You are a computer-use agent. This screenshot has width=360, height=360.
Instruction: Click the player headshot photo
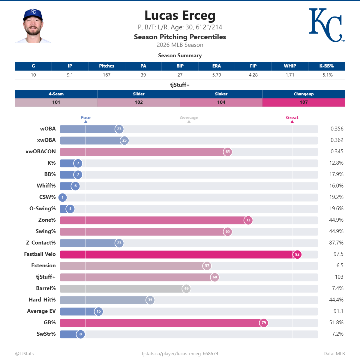click(33, 26)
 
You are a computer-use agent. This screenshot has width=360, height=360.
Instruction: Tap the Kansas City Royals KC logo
click(326, 25)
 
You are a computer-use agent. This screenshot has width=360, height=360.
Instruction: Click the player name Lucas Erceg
click(180, 16)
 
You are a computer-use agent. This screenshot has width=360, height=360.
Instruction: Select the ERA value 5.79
click(217, 75)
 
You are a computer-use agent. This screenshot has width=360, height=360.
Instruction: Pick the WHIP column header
click(290, 66)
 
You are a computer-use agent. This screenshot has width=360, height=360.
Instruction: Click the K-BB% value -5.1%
click(326, 75)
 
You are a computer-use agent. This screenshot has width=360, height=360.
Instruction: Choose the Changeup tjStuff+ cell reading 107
click(304, 102)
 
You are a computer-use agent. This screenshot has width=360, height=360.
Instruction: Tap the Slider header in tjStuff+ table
click(139, 94)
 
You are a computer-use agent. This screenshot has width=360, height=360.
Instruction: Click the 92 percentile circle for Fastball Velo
click(297, 254)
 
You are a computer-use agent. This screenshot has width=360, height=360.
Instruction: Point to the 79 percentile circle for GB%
click(264, 323)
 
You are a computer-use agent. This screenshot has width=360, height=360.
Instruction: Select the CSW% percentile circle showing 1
click(63, 197)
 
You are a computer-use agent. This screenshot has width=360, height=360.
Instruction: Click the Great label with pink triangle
click(292, 118)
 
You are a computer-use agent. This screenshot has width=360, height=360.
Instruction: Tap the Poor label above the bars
click(86, 118)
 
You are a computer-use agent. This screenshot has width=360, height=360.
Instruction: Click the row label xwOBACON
click(40, 151)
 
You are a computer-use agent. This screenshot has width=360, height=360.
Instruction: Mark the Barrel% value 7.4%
click(337, 288)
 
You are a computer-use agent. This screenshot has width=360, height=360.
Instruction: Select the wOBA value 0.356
click(337, 129)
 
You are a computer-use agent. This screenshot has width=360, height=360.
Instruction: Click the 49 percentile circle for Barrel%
click(186, 289)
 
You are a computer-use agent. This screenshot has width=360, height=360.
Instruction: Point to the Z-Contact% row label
click(41, 243)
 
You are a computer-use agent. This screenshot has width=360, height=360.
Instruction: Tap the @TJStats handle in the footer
click(24, 354)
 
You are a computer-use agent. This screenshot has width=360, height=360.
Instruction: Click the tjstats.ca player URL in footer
click(180, 354)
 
